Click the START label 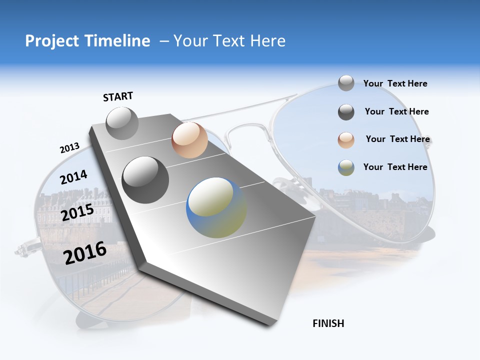pos(118,96)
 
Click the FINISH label pos(328,323)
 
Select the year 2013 pos(70,148)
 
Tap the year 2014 pos(74,177)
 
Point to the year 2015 pos(77,212)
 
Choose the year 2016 pos(85,253)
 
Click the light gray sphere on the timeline pos(122,123)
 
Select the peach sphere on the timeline pos(189,140)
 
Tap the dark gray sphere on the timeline pos(145,180)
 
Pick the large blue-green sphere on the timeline pos(216,207)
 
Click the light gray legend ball pos(346,83)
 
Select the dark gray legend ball pos(346,112)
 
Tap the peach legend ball pos(346,140)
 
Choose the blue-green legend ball pos(346,167)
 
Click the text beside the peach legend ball pos(397,139)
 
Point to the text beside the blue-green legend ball pos(395,167)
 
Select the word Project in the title pos(52,41)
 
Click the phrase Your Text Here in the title pos(229,41)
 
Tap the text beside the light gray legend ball pos(395,83)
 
